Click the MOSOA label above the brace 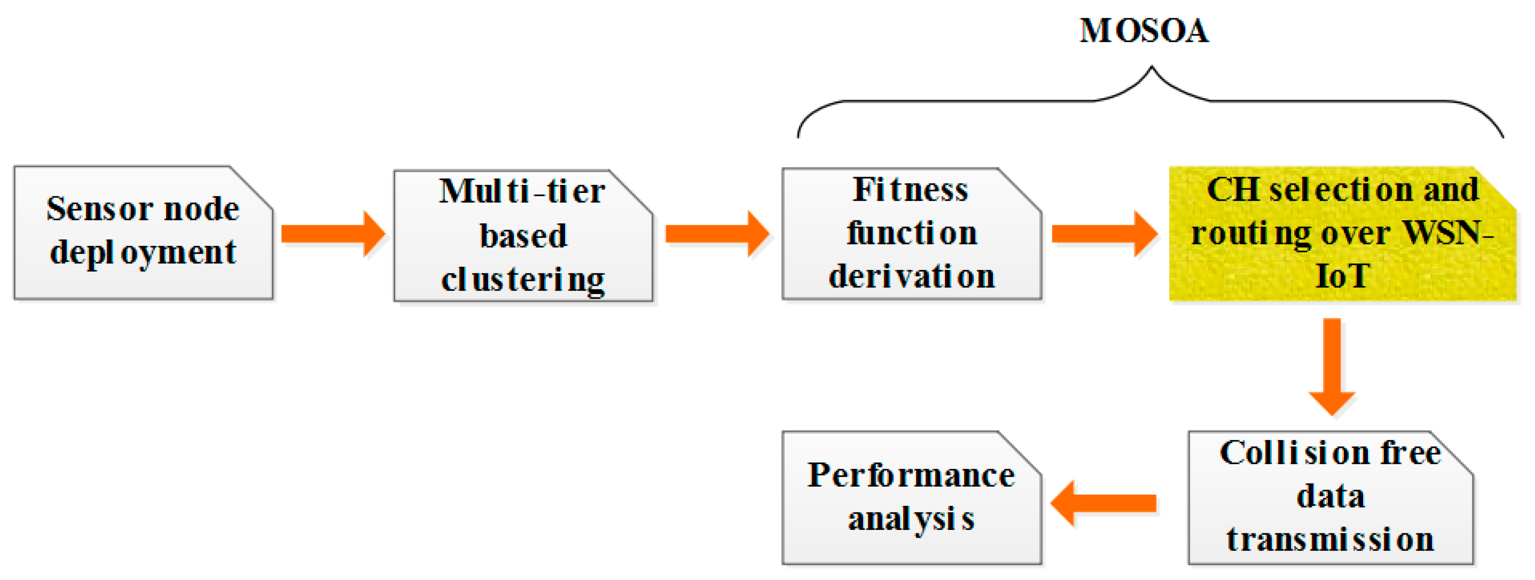point(1144,31)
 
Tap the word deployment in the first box point(143,253)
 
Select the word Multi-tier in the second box point(522,192)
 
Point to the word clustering point(523,279)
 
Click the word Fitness point(911,190)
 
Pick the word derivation point(912,276)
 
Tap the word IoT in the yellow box point(1342,276)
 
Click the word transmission point(1330,540)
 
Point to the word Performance point(911,475)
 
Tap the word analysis point(911,518)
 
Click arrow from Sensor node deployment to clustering point(333,233)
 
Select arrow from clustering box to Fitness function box point(717,233)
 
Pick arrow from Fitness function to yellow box point(1104,233)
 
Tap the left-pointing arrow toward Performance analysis point(1103,503)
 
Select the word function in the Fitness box point(912,233)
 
